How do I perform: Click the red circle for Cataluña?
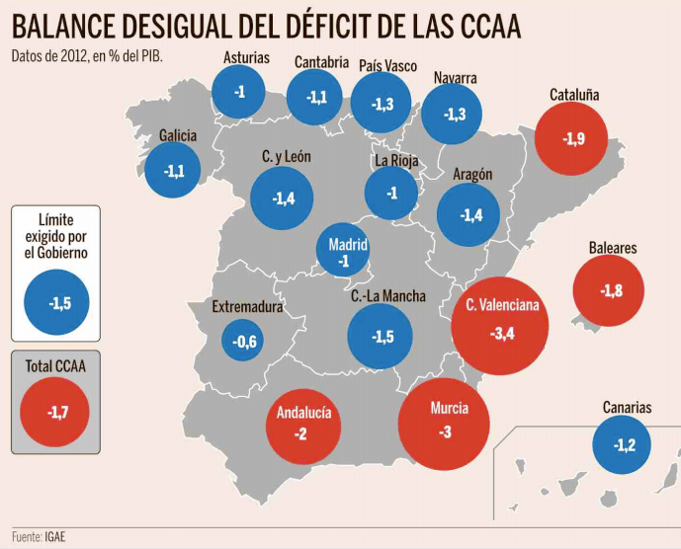pos(573,138)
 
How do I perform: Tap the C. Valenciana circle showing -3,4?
pos(502,320)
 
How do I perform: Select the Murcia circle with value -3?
pos(445,422)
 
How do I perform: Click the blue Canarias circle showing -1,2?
pos(624,445)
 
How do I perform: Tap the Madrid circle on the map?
pos(344,252)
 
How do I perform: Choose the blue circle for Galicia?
pos(174,170)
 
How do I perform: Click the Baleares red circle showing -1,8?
pos(610,290)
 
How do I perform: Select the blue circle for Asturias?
pos(240,92)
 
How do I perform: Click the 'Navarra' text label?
pos(455,78)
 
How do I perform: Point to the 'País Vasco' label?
pos(387,66)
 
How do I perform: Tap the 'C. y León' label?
pos(287,156)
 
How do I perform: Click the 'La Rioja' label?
pos(396,161)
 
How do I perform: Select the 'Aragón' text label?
pos(472,174)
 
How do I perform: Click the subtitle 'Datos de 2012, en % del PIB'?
pos(87,55)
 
